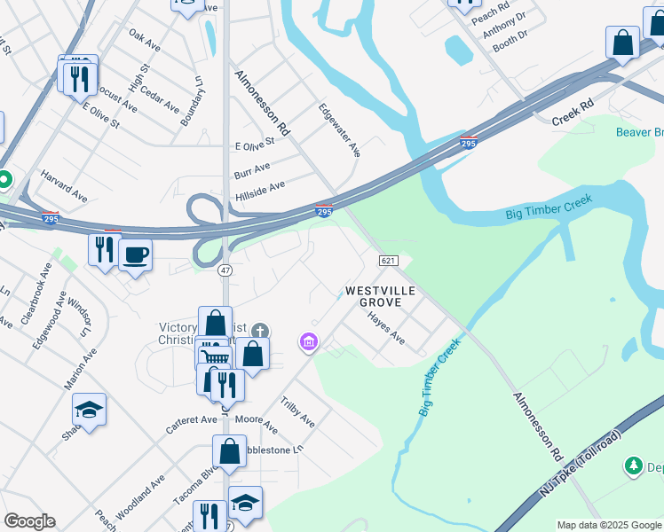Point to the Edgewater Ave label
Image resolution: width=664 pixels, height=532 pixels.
pos(340,130)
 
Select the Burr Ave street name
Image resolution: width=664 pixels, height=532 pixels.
pos(252,168)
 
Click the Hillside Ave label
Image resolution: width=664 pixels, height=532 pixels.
pos(259,191)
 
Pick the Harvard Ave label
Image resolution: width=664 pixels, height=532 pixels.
pos(64,183)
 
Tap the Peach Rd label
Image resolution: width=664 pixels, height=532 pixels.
pos(490,12)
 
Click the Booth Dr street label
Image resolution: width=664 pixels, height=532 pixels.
pos(510,40)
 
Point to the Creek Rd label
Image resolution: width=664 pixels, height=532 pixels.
pos(572,113)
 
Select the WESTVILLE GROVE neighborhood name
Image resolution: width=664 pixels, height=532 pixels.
pos(374,296)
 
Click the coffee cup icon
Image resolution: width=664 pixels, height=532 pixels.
pos(135,255)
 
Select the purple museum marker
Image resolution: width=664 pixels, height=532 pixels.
pos(308,341)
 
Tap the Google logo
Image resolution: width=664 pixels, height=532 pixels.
pos(29,521)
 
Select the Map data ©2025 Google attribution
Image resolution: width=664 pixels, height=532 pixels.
pos(609,525)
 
